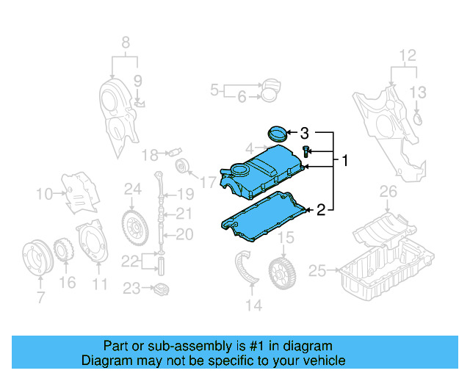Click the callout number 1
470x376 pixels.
344,159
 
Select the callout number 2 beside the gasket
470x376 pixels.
320,211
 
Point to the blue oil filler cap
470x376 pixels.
277,134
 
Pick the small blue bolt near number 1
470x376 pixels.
306,152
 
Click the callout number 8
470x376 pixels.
124,42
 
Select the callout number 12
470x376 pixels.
407,54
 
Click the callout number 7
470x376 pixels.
40,297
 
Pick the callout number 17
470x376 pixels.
209,181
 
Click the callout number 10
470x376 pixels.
44,194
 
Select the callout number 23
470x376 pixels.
131,289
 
